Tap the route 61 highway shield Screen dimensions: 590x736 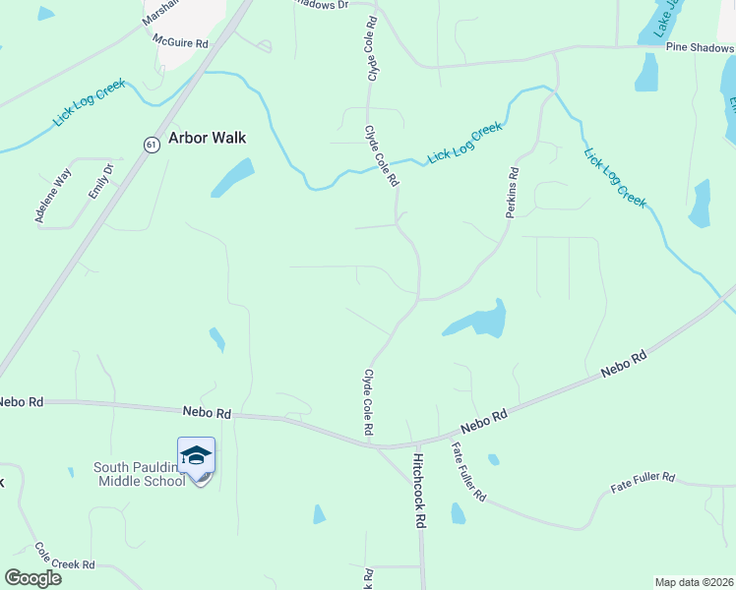(150, 144)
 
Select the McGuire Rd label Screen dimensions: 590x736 (181, 43)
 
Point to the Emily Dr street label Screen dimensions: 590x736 (100, 182)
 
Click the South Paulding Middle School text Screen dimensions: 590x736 (140, 474)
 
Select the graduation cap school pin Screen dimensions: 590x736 (196, 456)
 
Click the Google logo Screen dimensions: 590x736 (33, 578)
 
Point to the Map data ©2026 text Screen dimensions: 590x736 (694, 582)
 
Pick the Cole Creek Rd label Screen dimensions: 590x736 (64, 557)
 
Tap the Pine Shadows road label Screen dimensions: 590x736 (699, 46)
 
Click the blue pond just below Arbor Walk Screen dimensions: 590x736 (232, 177)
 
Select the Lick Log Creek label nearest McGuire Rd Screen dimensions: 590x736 (90, 101)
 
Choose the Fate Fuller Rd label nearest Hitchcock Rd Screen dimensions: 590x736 (468, 472)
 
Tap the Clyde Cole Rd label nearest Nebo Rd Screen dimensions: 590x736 (368, 402)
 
